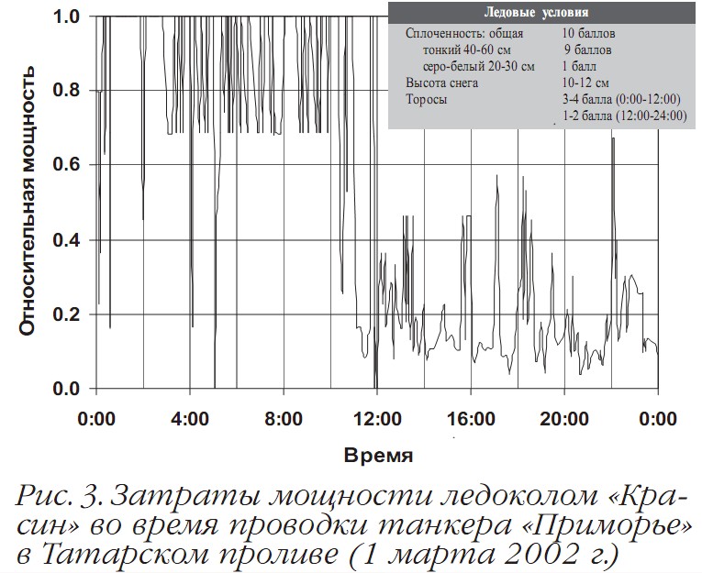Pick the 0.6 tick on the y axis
(x=66, y=165)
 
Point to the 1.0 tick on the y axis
(x=66, y=17)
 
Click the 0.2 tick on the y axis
(x=66, y=314)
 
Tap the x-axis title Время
(x=378, y=455)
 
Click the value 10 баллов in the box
(x=589, y=33)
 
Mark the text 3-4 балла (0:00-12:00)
(x=620, y=99)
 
